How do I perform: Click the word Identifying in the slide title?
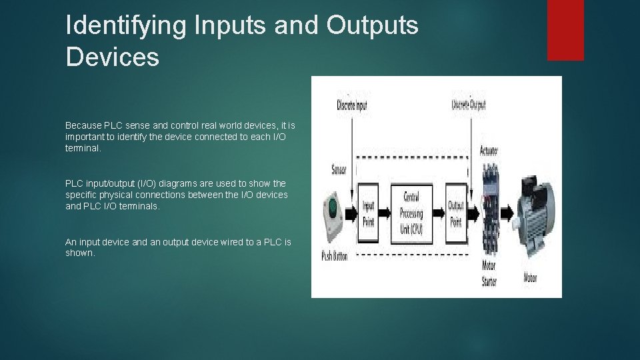tap(125, 26)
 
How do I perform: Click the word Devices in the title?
tap(113, 57)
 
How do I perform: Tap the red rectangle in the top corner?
tap(565, 30)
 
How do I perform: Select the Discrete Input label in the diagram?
tap(351, 105)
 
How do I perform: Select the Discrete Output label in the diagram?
tap(469, 105)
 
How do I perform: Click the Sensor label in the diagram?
tap(339, 169)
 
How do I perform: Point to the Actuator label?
tap(489, 151)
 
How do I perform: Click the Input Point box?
tap(368, 213)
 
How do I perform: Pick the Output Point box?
tap(456, 213)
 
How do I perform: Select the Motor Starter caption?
tap(489, 273)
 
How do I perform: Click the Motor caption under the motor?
tap(531, 277)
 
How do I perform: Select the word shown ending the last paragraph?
tap(79, 253)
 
